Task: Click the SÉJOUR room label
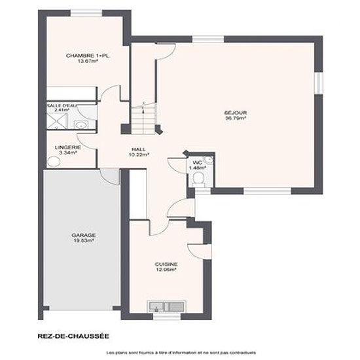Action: point(236,113)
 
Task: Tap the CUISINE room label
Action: point(166,264)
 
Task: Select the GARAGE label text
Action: point(84,235)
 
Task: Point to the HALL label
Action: point(139,149)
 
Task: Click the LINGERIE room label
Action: point(68,147)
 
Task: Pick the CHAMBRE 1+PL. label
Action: point(88,56)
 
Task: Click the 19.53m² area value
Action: point(84,241)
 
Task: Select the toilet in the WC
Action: point(198,179)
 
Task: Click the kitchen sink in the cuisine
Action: point(167,307)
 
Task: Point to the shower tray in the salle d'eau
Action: point(58,121)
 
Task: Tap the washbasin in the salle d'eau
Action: point(81,125)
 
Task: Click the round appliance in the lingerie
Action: point(54,162)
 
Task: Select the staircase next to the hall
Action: point(143,119)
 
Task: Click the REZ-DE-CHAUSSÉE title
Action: point(73,336)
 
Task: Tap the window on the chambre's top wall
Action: point(86,13)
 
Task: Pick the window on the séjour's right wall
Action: point(319,83)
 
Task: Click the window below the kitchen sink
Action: point(167,317)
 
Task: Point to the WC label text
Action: point(198,163)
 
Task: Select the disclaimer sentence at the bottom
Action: point(181,353)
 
